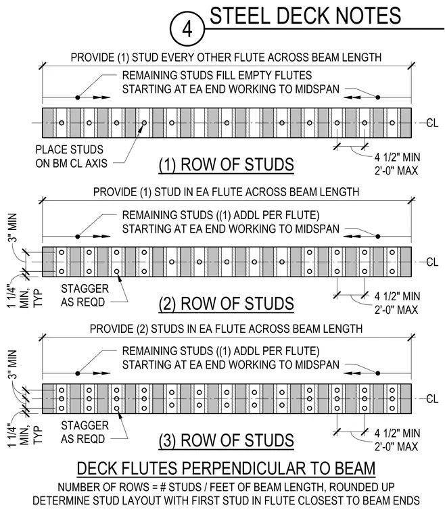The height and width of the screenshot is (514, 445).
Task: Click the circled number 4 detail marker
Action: point(187,29)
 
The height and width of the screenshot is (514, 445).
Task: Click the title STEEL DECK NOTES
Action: point(305,16)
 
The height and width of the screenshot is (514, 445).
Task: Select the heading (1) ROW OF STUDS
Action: point(226,164)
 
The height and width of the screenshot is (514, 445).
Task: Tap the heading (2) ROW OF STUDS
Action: point(226,304)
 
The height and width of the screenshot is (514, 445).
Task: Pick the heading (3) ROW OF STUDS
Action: point(226,440)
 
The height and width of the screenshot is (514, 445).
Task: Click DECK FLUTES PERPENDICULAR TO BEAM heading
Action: point(226,468)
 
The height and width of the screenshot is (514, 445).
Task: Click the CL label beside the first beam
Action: point(432,123)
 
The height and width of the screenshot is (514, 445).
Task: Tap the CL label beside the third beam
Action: point(432,399)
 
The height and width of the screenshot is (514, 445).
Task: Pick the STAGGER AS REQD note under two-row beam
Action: point(85,296)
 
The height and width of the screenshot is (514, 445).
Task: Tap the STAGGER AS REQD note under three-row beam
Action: point(85,432)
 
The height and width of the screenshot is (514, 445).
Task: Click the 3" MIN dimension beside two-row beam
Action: point(12,228)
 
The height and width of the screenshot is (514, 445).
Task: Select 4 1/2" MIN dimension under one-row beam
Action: point(397,158)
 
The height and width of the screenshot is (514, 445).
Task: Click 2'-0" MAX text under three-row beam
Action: point(396,447)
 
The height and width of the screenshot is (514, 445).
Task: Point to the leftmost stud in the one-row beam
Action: point(62,123)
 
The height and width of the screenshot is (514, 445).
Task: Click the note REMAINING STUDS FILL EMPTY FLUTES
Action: point(217,75)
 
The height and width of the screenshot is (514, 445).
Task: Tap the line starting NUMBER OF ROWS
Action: point(226,488)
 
